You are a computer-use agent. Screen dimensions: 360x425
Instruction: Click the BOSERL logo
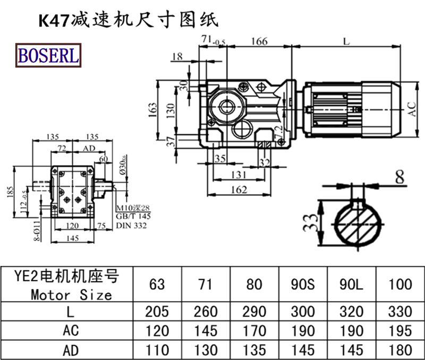(x=48, y=55)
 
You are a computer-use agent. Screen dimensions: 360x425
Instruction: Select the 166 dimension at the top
(x=259, y=41)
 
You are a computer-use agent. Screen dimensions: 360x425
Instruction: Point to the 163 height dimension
(x=154, y=109)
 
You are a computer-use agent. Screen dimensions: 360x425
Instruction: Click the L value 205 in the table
(x=157, y=311)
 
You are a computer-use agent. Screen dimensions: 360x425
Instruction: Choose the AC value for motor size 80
(x=254, y=331)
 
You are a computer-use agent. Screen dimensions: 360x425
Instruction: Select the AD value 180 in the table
(x=400, y=350)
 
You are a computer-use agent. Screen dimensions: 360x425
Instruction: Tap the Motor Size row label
(x=71, y=294)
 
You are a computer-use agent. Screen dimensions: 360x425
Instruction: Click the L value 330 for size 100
(x=400, y=311)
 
